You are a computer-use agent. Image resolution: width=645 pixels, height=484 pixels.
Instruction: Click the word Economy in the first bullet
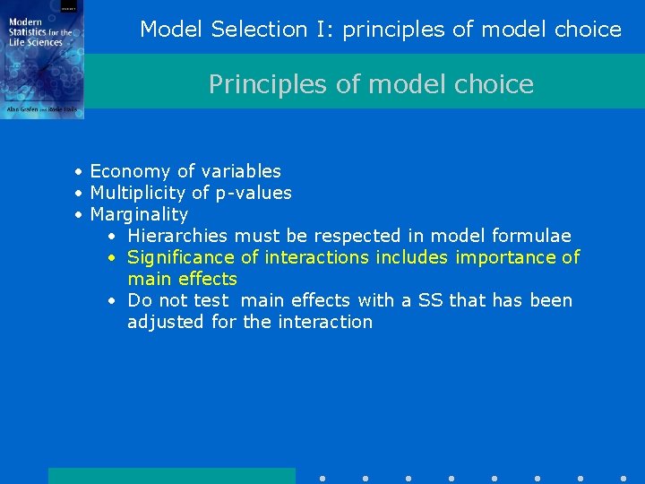125,171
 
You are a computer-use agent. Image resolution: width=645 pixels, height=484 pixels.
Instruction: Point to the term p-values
254,193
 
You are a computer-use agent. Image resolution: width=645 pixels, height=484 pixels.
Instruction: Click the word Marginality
139,214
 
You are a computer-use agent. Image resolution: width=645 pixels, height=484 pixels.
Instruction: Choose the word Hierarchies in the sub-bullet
178,236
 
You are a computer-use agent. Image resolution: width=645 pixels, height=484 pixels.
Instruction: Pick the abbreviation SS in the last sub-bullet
431,300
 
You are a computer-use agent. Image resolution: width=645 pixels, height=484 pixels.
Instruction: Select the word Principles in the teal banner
252,84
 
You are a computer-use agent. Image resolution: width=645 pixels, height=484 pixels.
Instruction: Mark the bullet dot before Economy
79,171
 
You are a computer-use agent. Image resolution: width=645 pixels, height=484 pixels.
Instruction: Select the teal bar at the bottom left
171,476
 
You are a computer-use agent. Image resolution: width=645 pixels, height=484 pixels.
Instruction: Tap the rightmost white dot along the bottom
623,479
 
